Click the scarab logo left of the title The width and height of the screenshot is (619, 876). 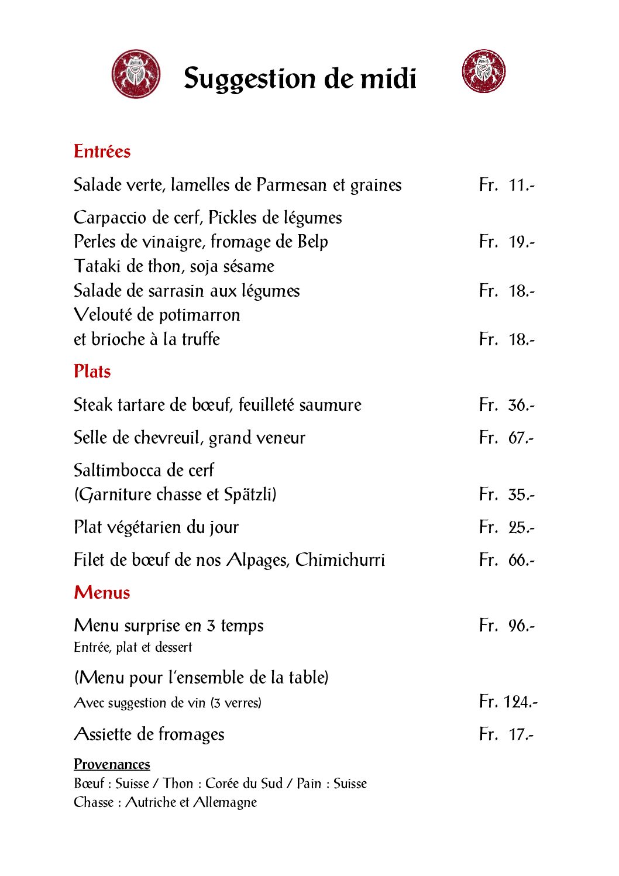136,74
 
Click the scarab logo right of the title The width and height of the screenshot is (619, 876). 483,71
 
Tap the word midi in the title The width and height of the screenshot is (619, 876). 388,78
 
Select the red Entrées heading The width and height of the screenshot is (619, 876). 102,152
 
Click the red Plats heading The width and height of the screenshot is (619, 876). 92,372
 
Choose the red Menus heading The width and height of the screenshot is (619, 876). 102,593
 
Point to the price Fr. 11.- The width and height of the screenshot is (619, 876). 507,185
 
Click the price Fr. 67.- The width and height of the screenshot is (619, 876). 507,438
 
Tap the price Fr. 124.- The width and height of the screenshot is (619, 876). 508,701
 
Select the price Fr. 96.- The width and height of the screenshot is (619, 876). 507,626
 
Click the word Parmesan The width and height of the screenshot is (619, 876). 291,185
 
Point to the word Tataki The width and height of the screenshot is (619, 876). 98,266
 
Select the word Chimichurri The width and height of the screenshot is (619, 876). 340,560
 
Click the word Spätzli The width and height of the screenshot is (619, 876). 250,494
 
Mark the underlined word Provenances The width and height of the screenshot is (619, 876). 112,764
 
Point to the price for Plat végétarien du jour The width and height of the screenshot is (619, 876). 507,527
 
